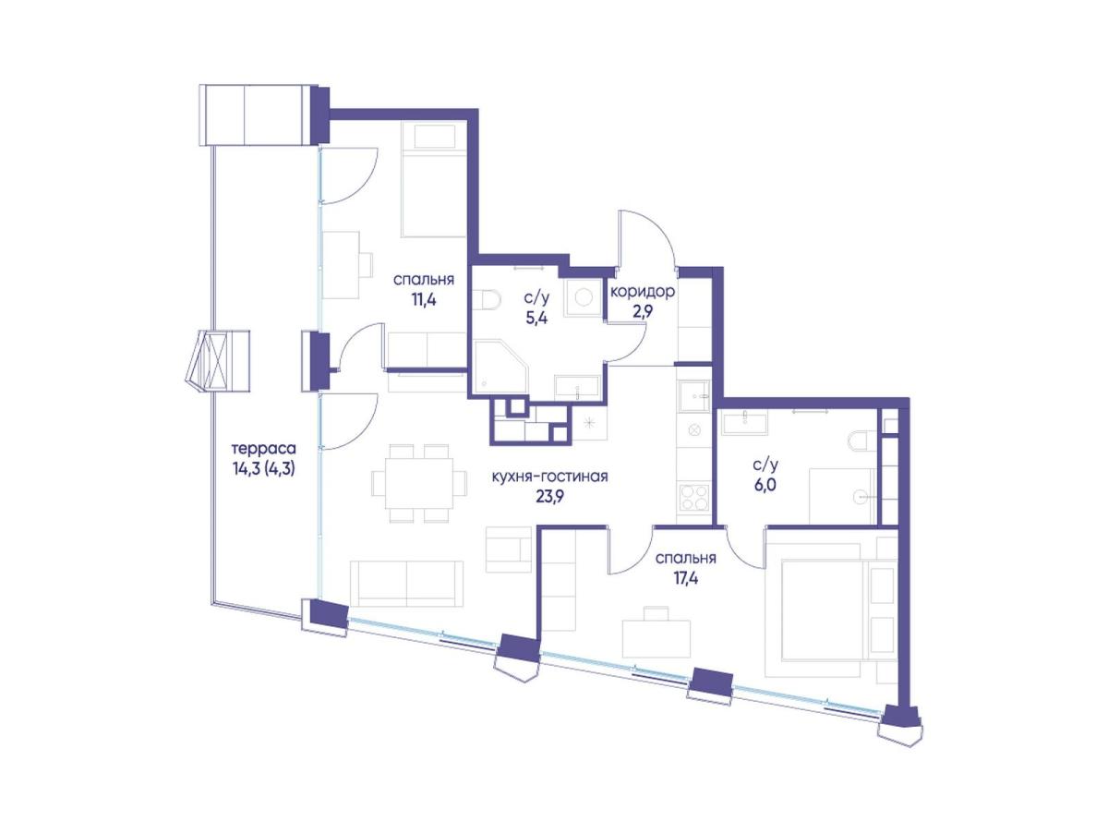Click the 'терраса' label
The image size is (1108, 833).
click(x=263, y=448)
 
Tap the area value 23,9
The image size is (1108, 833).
click(x=549, y=497)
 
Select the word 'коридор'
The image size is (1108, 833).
click(x=642, y=291)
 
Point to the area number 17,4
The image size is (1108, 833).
click(x=685, y=578)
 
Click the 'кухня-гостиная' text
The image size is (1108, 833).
click(x=549, y=477)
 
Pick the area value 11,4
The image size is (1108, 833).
click(x=424, y=300)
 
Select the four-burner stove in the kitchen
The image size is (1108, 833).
click(x=694, y=497)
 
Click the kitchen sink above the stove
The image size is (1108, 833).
click(x=694, y=397)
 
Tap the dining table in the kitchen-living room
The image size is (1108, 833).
click(x=419, y=483)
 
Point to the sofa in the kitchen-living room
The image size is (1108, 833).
click(x=406, y=583)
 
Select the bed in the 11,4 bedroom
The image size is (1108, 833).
click(x=434, y=179)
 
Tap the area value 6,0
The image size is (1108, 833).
click(x=765, y=485)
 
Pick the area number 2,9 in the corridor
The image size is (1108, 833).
click(x=642, y=311)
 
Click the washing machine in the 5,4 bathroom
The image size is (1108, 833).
click(x=584, y=297)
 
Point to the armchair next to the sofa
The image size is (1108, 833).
click(x=509, y=549)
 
